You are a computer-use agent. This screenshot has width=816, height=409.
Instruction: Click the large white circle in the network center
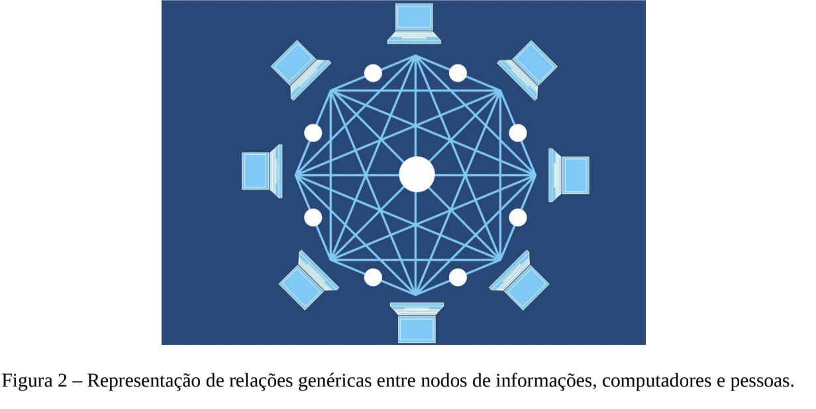[417, 174]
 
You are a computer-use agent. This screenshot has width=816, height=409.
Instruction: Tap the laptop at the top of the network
[414, 24]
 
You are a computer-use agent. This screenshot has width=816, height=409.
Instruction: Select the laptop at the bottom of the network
[417, 323]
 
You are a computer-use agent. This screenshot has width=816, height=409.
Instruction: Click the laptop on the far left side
[262, 171]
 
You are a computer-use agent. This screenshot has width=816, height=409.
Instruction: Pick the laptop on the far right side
[569, 175]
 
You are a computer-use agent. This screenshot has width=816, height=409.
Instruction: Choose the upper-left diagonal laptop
[301, 70]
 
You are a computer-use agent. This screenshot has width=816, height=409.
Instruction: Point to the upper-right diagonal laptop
[527, 70]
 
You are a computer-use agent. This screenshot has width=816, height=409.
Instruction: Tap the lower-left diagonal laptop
[309, 280]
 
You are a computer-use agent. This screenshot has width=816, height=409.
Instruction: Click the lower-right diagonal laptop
[519, 280]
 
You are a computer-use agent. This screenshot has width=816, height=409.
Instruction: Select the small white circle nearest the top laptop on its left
[373, 73]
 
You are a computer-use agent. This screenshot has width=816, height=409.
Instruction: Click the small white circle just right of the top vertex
[458, 73]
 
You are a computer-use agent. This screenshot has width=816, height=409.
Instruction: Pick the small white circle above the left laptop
[313, 133]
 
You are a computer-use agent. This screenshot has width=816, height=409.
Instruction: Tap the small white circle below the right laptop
[518, 218]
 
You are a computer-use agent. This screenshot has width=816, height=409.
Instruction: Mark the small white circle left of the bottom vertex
[373, 278]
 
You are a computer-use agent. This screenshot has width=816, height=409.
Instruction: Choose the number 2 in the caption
[62, 381]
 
